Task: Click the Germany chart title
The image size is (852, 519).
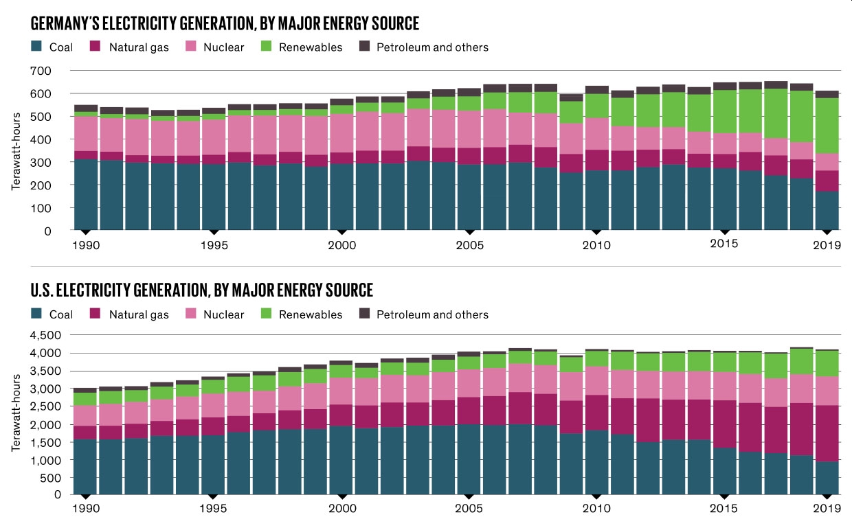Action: click(x=225, y=24)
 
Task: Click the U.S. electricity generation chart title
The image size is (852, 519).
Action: click(x=202, y=290)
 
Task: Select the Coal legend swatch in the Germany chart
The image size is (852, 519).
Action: click(x=37, y=47)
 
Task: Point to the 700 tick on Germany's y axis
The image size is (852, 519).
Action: click(x=42, y=71)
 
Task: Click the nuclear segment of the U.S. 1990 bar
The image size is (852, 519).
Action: click(x=86, y=415)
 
